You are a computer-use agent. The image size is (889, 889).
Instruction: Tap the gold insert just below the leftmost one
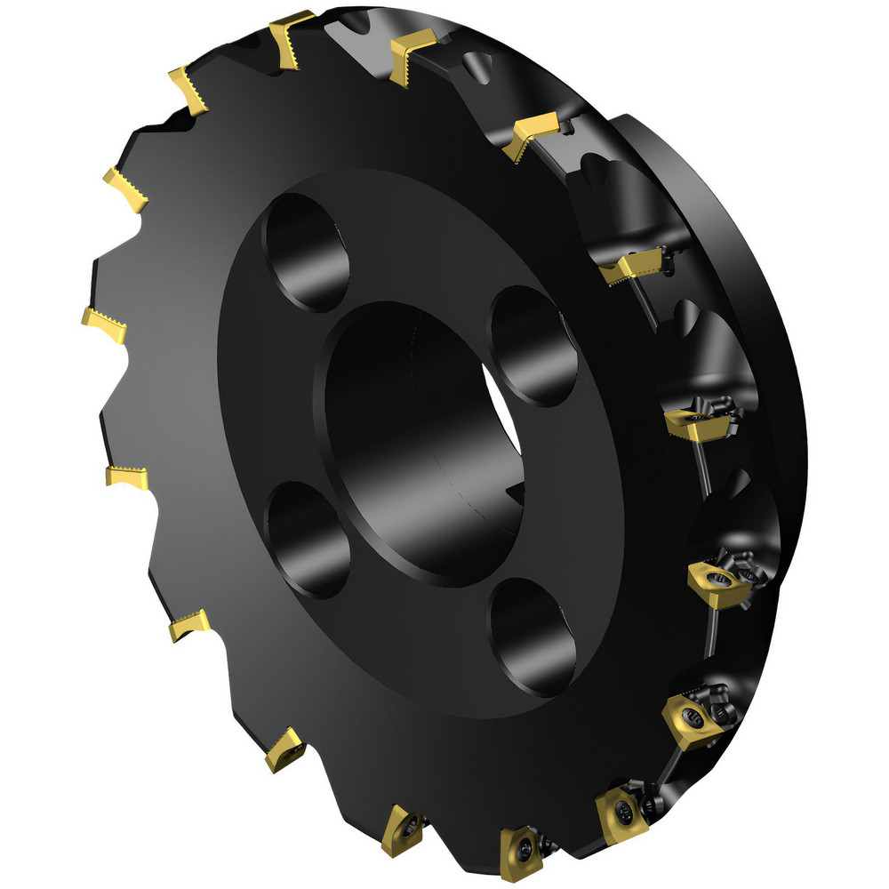click(x=124, y=477)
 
